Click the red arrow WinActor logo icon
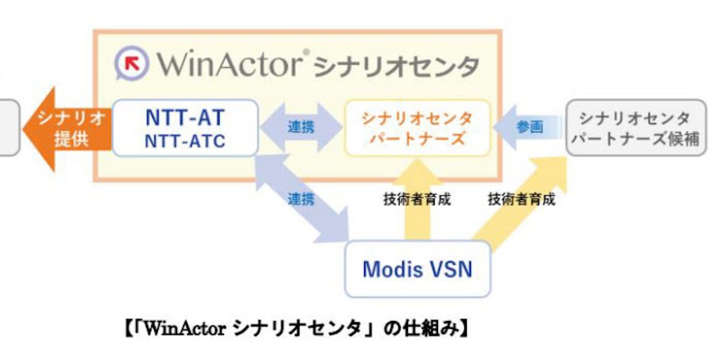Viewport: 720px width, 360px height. pyautogui.click(x=131, y=63)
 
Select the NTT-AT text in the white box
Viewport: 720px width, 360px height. pyautogui.click(x=185, y=117)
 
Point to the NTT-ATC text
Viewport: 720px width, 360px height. pyautogui.click(x=185, y=141)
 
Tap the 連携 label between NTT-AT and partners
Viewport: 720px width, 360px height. pyautogui.click(x=301, y=127)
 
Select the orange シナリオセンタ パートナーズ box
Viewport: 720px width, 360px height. pyautogui.click(x=417, y=128)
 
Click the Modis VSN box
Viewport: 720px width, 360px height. pyautogui.click(x=417, y=269)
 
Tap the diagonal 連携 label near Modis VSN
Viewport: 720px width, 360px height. pyautogui.click(x=301, y=200)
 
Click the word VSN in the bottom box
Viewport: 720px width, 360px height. pyautogui.click(x=449, y=269)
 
